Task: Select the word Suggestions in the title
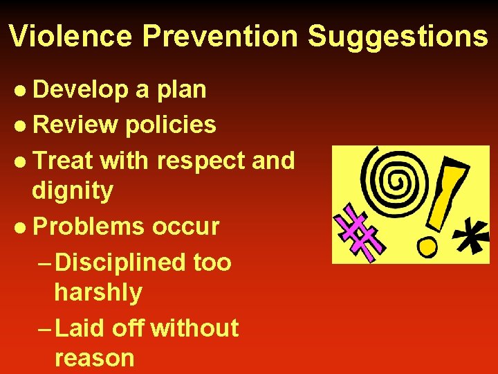click(398, 36)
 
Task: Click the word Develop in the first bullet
click(80, 89)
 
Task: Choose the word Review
click(75, 125)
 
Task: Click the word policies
click(171, 125)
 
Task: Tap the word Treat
click(62, 160)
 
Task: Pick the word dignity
click(72, 190)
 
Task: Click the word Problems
click(89, 226)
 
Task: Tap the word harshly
click(98, 292)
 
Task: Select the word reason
click(93, 357)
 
